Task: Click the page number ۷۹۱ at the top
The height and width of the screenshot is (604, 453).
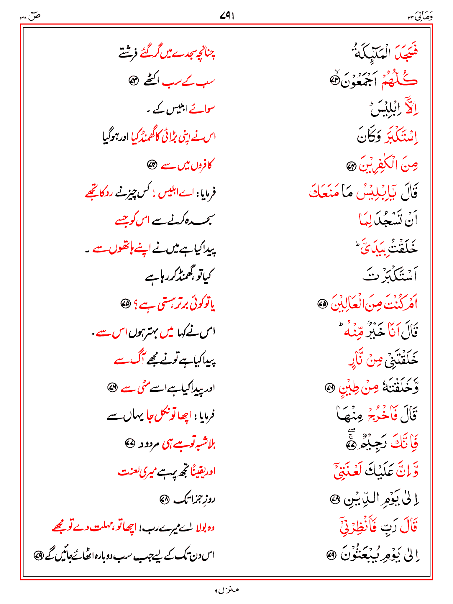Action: (226, 16)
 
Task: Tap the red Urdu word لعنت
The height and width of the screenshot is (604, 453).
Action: (128, 471)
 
